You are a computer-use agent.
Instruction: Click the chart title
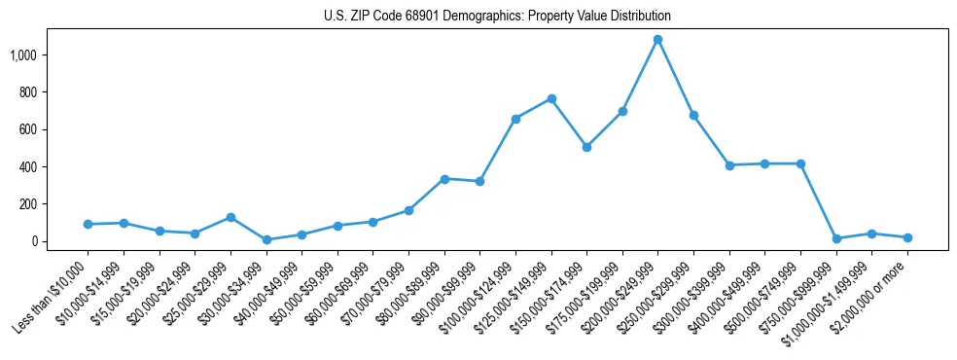[x=497, y=17]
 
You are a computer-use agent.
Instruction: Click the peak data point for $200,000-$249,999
[x=658, y=40]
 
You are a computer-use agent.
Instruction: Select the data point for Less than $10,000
[x=88, y=224]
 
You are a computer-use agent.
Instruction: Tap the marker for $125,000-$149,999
[x=551, y=99]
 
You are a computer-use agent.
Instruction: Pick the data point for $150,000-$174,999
[x=586, y=147]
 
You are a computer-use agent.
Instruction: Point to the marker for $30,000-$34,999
[x=266, y=239]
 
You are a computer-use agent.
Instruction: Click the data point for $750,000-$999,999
[x=836, y=238]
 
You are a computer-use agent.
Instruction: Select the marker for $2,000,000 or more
[x=907, y=237]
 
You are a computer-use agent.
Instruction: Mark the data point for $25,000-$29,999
[x=230, y=217]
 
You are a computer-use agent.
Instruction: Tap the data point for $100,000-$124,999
[x=515, y=119]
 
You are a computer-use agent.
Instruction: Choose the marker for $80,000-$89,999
[x=444, y=179]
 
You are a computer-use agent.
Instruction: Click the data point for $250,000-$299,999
[x=693, y=115]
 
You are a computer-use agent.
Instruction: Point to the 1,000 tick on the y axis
[x=22, y=55]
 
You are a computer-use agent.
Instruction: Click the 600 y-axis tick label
[x=27, y=129]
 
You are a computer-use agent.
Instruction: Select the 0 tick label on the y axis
[x=34, y=241]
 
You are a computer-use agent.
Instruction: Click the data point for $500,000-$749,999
[x=800, y=163]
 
